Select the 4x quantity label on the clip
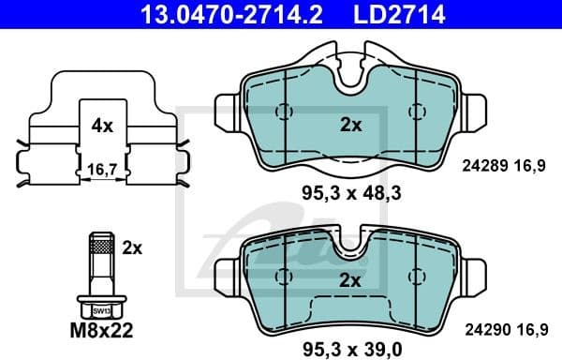102,124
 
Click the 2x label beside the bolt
132,247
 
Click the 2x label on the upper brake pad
349,124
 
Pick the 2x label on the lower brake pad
349,278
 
